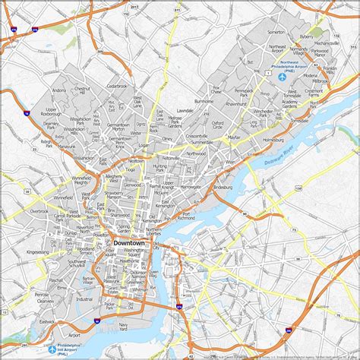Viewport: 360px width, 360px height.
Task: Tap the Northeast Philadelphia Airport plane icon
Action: (283, 77)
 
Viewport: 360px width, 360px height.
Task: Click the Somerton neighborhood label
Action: (276, 32)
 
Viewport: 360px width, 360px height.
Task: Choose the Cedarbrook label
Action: (118, 86)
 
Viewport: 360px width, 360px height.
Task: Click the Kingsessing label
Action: (36, 250)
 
